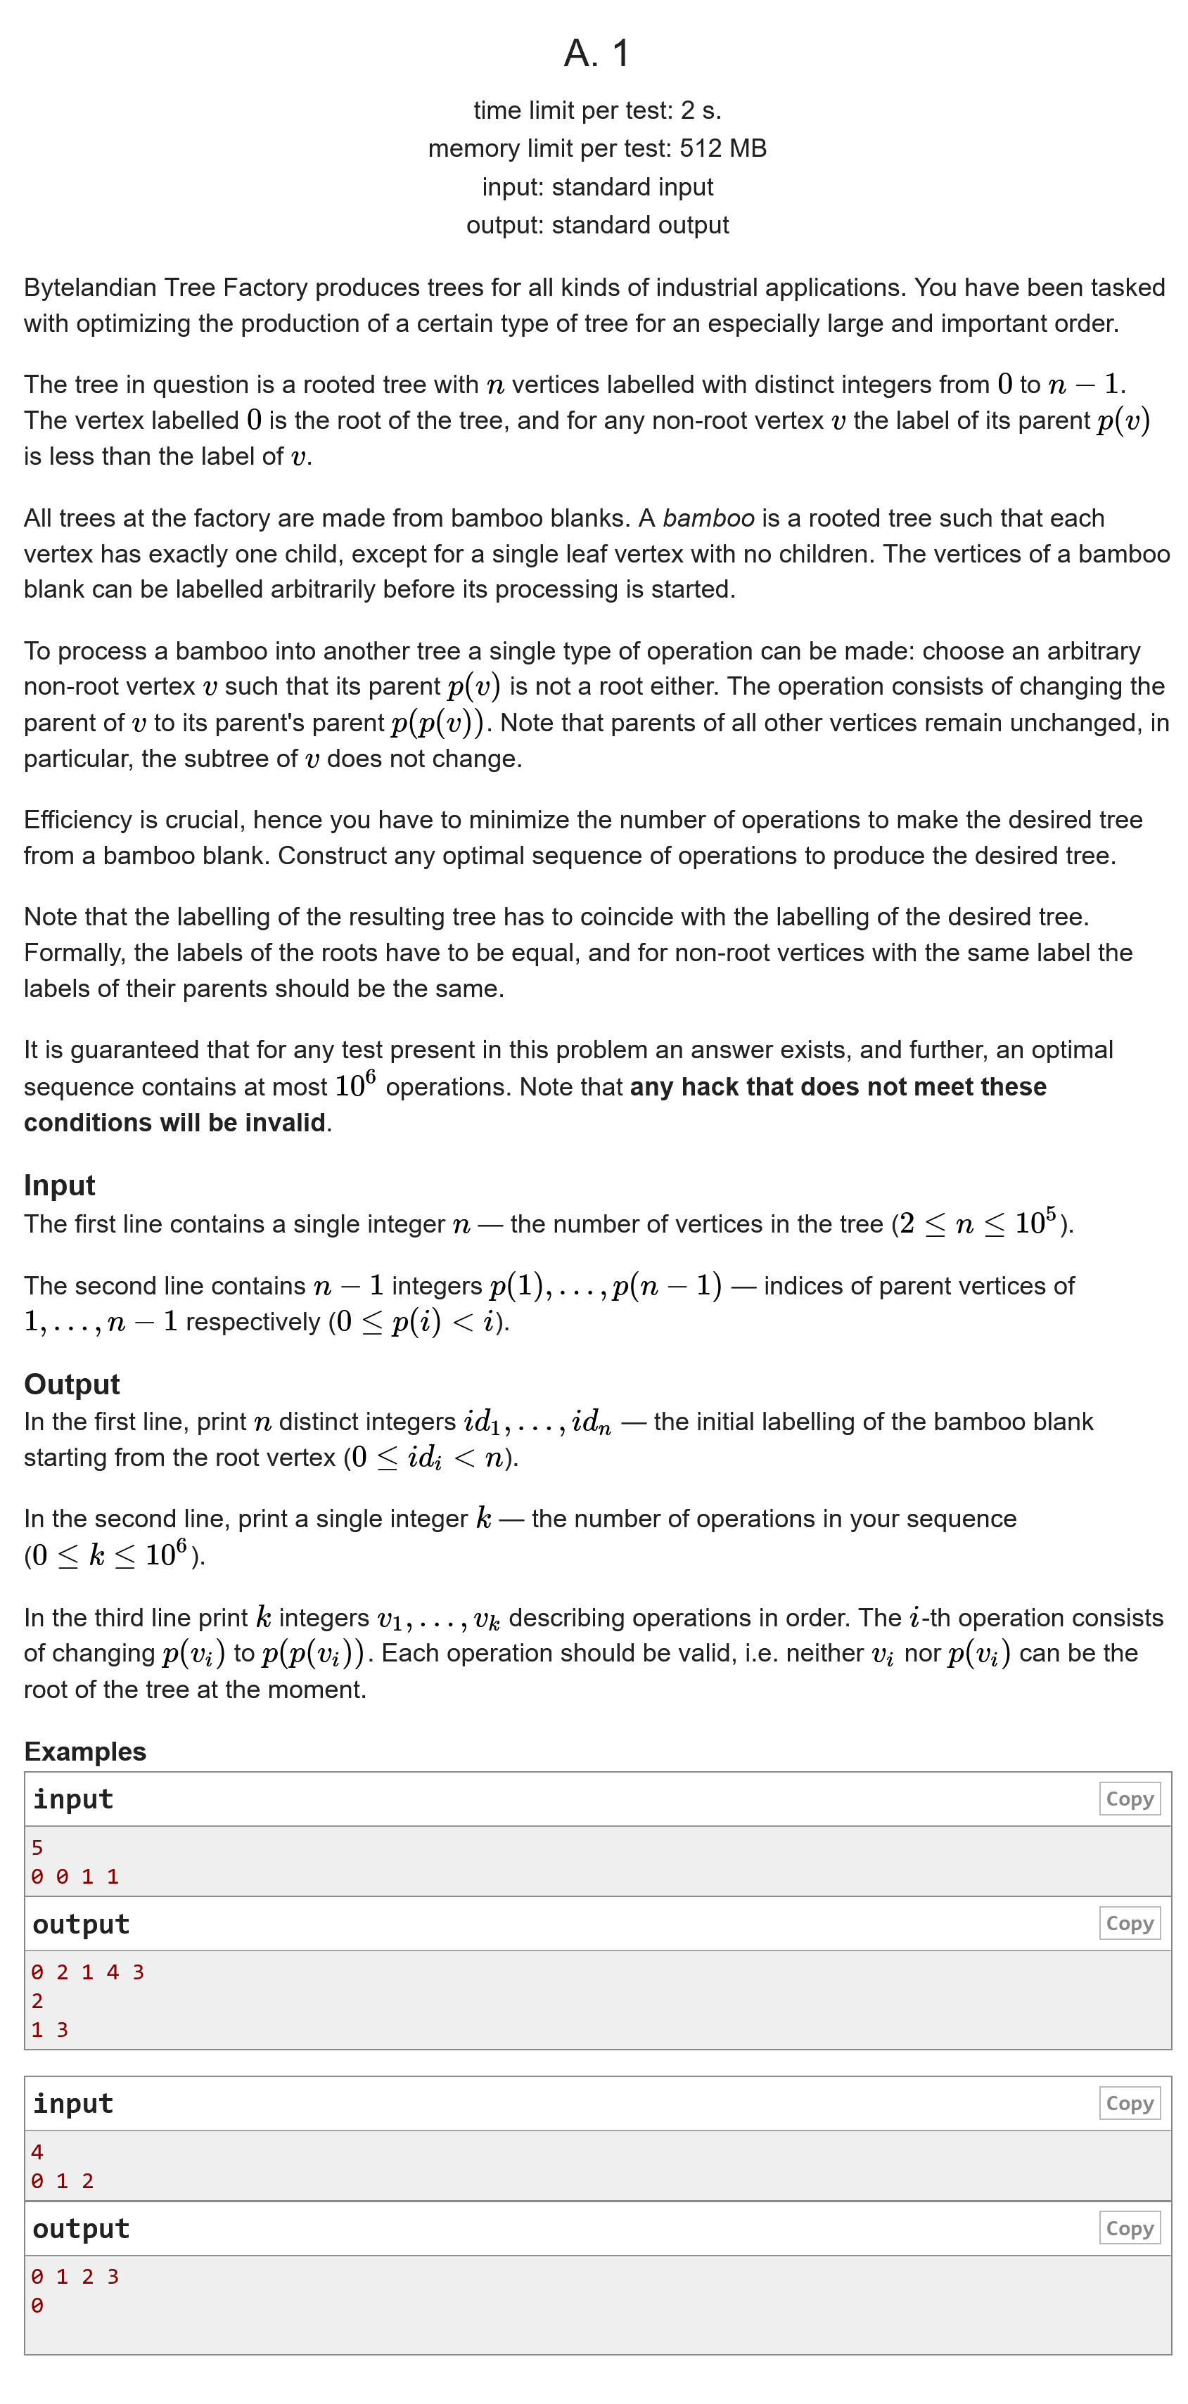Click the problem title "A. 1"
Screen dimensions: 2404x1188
(x=596, y=53)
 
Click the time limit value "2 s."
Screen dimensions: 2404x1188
(x=700, y=110)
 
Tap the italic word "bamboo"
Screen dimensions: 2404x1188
(x=708, y=518)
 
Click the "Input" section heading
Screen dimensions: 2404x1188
(x=60, y=1185)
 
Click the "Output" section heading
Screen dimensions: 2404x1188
(x=72, y=1384)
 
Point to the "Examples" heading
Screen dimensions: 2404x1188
(x=85, y=1751)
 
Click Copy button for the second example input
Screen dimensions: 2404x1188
(x=1129, y=2104)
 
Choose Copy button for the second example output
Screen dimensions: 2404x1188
(x=1129, y=2228)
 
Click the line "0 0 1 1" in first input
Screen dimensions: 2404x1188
(x=75, y=1877)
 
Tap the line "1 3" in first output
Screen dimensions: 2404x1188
(x=49, y=2030)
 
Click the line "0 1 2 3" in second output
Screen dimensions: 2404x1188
(x=75, y=2276)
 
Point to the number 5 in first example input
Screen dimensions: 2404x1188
(x=37, y=1848)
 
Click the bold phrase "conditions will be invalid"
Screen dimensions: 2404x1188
(x=174, y=1123)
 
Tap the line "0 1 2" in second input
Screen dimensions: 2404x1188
(x=63, y=2181)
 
